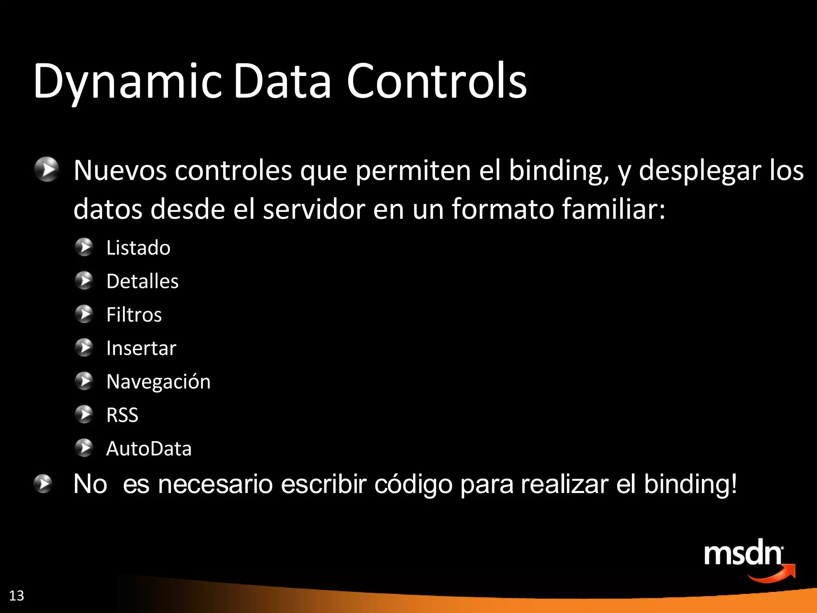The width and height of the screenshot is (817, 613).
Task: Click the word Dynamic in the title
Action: [x=127, y=82]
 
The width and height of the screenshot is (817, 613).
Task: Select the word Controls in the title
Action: [x=436, y=82]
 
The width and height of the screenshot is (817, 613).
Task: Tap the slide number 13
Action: [x=16, y=595]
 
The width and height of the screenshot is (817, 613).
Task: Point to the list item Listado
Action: [x=138, y=248]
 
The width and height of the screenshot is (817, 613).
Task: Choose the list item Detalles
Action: [x=142, y=281]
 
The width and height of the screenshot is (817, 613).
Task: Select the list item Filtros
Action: [x=134, y=315]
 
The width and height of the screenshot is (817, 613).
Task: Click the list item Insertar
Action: [x=141, y=348]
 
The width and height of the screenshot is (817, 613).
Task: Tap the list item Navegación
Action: [x=158, y=382]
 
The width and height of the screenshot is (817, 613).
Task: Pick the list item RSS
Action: [x=122, y=415]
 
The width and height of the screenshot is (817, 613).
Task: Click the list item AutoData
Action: [x=149, y=449]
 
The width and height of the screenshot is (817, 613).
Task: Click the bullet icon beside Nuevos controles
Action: [x=46, y=169]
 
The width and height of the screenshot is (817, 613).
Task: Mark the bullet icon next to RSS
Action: [x=84, y=414]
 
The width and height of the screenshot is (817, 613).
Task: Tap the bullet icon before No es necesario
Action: [x=43, y=484]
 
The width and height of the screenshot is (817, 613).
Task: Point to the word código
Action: [x=413, y=484]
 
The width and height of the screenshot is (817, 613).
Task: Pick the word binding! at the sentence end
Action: [x=690, y=484]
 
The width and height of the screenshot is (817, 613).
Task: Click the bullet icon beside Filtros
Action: [x=84, y=314]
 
